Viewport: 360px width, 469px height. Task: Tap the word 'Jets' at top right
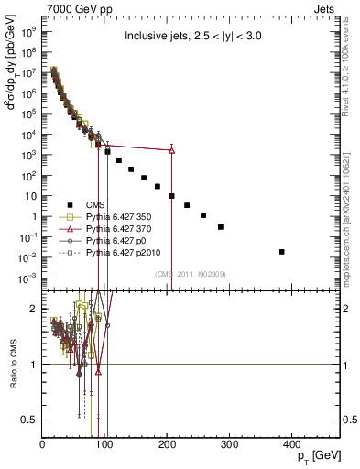325,8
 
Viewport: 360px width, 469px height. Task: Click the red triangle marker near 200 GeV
171,150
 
